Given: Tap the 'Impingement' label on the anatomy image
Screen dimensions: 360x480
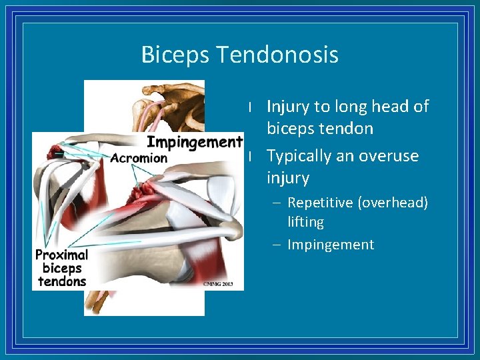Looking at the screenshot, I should pyautogui.click(x=194, y=141).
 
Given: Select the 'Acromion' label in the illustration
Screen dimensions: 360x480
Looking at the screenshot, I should pyautogui.click(x=139, y=158).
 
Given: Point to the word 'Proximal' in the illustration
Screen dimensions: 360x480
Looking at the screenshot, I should pyautogui.click(x=61, y=255).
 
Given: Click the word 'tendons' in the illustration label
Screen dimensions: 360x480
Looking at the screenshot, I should pyautogui.click(x=62, y=281).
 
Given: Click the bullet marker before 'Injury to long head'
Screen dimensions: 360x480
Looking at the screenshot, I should pyautogui.click(x=249, y=107).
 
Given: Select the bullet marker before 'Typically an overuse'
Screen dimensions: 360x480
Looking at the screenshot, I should pyautogui.click(x=249, y=156).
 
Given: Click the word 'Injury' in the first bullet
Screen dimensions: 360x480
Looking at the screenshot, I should pyautogui.click(x=288, y=107).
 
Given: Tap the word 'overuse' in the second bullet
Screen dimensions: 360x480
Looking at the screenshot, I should pyautogui.click(x=389, y=156).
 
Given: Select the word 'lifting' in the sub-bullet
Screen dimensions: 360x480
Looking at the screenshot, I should pyautogui.click(x=305, y=222).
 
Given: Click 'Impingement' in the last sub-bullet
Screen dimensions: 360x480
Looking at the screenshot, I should pyautogui.click(x=331, y=245).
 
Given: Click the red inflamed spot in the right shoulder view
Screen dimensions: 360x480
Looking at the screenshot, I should pyautogui.click(x=143, y=194).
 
